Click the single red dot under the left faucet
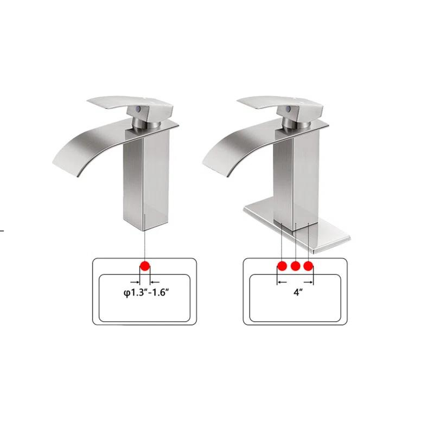coord(145,266)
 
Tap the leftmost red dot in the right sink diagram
coord(282,266)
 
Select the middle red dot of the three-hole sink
coord(295,266)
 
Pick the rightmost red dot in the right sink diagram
coord(309,266)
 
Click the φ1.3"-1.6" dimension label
coord(145,293)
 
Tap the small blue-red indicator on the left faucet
coord(141,110)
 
